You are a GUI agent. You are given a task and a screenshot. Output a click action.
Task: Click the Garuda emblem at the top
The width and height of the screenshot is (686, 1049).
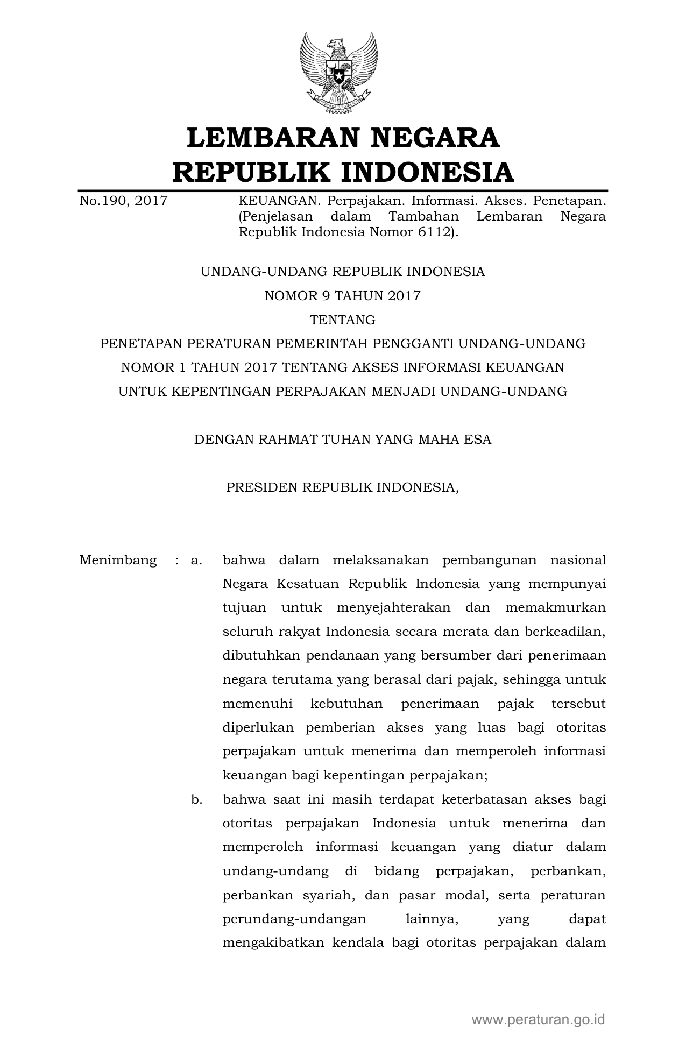(x=338, y=73)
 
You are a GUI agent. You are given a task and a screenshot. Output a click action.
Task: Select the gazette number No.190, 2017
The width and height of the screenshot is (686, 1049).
(x=124, y=201)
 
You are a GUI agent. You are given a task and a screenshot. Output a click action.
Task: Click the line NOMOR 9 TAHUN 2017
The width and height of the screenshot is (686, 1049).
(x=343, y=296)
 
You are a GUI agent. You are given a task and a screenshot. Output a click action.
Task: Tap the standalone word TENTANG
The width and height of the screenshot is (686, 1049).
(x=343, y=320)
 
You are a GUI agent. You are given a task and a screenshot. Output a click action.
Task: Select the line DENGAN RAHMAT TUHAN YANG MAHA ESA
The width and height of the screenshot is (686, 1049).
(x=343, y=440)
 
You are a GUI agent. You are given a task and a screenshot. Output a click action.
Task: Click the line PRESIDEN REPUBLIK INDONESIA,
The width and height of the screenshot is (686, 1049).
(x=343, y=487)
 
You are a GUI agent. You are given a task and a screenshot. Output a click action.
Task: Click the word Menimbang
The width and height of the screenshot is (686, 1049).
(x=118, y=560)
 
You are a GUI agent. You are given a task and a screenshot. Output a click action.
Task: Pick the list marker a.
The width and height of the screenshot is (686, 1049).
(x=196, y=560)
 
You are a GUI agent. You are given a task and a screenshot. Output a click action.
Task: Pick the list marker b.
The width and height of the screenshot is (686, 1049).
(x=196, y=799)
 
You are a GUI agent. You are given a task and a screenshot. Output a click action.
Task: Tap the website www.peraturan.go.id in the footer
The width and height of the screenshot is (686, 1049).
(x=539, y=1019)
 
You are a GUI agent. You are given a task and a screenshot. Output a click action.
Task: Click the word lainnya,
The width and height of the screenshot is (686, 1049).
(x=432, y=919)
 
